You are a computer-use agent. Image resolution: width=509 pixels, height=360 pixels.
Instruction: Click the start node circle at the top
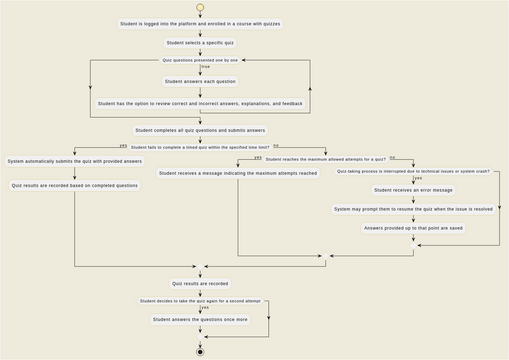point(200,7)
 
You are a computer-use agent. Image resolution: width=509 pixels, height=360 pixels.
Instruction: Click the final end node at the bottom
point(200,351)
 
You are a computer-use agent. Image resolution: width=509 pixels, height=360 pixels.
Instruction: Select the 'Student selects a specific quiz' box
point(200,43)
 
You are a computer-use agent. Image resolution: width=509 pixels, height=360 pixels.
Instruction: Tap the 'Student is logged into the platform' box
point(200,22)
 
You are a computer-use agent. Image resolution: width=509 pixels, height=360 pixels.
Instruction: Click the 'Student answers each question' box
point(200,81)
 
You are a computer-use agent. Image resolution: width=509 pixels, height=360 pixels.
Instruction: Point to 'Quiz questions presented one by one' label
point(200,60)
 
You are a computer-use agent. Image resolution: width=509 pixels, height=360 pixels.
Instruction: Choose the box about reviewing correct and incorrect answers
point(200,103)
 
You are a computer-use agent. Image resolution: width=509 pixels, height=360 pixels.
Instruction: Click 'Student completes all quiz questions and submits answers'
point(200,130)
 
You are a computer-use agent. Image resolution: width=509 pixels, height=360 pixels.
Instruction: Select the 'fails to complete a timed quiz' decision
point(200,146)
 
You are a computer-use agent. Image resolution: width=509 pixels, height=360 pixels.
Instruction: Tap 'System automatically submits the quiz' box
point(75,161)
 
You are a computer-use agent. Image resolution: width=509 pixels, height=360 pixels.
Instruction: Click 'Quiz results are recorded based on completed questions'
point(75,185)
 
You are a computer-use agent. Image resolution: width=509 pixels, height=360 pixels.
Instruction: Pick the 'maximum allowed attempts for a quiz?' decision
point(325,158)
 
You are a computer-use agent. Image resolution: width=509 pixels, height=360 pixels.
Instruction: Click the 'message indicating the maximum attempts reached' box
point(237,173)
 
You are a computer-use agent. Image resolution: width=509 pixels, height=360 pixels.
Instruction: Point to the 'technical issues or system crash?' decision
point(413,171)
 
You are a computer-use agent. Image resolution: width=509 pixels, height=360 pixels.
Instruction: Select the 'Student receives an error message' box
point(413,190)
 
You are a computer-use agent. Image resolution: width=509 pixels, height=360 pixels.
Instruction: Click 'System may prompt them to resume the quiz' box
point(413,209)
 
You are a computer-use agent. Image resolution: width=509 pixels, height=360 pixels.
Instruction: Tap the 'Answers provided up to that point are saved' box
point(413,228)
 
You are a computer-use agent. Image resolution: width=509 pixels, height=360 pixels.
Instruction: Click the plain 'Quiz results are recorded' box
point(200,283)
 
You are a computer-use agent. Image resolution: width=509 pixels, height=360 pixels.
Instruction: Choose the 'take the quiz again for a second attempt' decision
point(200,300)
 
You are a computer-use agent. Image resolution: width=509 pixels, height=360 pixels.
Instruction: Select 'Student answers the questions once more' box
point(200,319)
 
